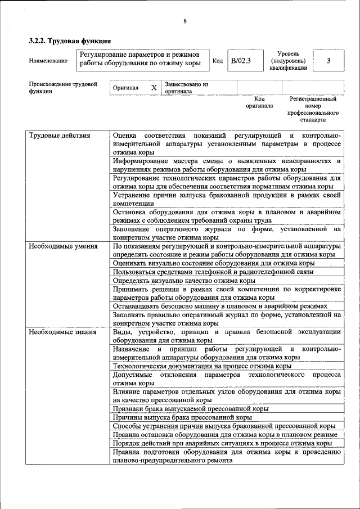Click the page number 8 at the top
184,21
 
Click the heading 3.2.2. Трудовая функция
70,41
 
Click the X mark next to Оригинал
154,88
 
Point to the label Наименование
48,60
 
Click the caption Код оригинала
259,102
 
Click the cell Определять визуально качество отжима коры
184,280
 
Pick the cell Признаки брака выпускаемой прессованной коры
190,408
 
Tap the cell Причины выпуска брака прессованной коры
182,417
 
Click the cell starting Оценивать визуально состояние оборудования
213,263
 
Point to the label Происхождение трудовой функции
62,88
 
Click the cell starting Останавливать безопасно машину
219,307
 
